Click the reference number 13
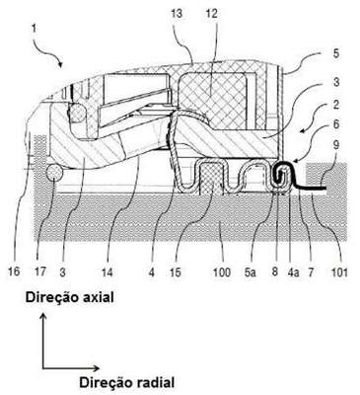(x=178, y=14)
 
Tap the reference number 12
(x=211, y=14)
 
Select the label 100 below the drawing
(x=222, y=272)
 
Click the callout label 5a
(x=250, y=272)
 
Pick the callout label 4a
(x=293, y=272)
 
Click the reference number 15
(x=176, y=272)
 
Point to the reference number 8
(x=275, y=272)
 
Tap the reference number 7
(x=311, y=272)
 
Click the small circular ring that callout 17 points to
(x=54, y=173)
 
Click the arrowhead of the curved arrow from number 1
(x=60, y=64)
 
